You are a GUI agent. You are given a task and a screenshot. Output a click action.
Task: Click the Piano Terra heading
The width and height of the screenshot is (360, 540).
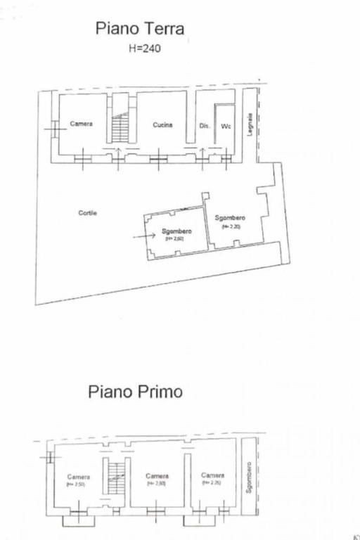coord(140,29)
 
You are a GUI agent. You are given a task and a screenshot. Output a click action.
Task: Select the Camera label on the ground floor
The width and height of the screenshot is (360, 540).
coord(81,124)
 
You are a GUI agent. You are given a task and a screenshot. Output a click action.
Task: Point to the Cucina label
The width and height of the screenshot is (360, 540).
coord(162,125)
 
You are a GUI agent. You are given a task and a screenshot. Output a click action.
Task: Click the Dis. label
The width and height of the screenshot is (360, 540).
coord(204,126)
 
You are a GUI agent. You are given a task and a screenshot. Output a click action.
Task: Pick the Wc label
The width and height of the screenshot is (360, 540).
coord(225,126)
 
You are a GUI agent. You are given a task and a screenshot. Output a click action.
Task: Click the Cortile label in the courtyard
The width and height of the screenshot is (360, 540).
coord(87,212)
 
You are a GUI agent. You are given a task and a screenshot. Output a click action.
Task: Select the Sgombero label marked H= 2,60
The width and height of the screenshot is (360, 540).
coord(174,231)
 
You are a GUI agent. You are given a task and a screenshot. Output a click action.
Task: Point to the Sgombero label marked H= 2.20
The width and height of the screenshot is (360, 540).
coord(230,217)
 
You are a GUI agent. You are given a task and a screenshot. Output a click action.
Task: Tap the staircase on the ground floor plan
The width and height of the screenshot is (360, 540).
coord(120,129)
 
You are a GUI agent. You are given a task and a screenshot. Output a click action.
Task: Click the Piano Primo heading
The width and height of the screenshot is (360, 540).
coord(135,391)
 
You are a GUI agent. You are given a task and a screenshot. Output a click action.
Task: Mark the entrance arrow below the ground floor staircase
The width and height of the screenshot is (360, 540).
coord(119,153)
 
